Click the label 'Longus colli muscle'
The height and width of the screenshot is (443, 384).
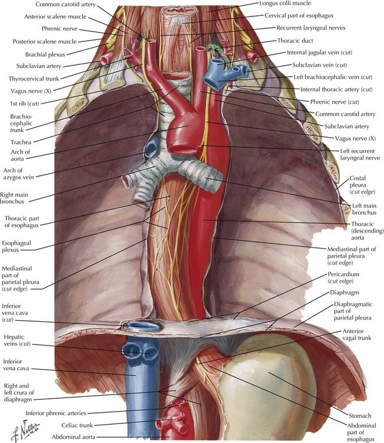285,4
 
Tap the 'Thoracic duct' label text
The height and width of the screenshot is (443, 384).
295,41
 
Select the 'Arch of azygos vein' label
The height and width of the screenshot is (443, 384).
18,174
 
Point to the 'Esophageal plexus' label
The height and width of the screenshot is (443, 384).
17,246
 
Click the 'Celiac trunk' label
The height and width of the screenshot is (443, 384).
77,425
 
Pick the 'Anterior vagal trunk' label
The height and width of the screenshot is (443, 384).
357,334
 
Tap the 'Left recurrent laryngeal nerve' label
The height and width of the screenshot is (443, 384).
360,154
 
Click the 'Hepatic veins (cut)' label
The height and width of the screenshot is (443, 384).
17,340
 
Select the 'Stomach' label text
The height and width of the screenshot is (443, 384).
360,416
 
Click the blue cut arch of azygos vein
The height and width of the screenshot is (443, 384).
152,146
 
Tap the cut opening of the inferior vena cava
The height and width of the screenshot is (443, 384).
144,326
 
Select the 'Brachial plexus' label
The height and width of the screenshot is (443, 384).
45,54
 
